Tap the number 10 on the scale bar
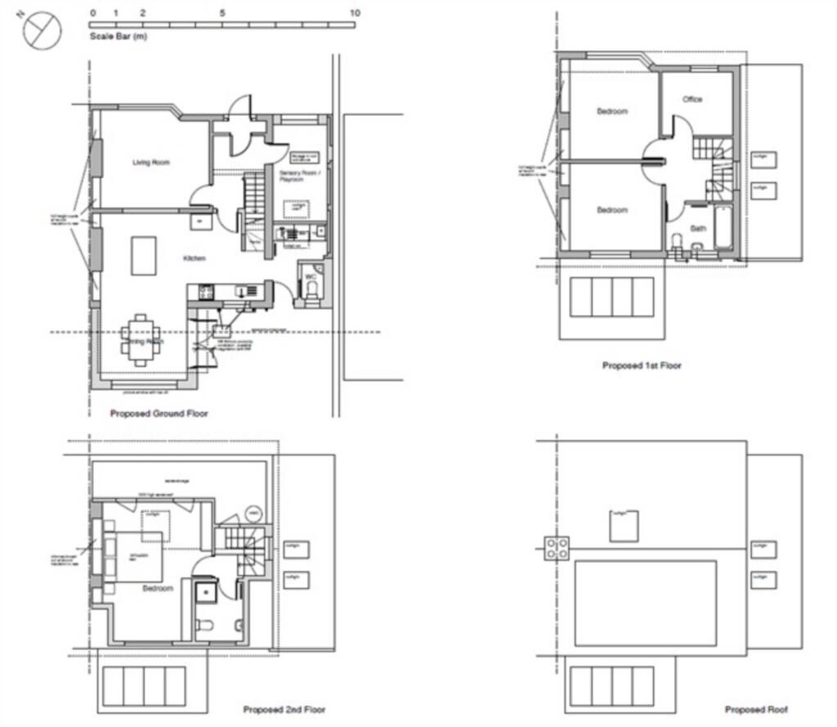click(354, 13)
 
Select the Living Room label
click(151, 163)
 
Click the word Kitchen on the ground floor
click(194, 258)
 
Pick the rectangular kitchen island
click(144, 256)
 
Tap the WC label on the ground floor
click(311, 277)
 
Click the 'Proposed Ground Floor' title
click(159, 414)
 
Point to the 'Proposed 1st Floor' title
click(642, 366)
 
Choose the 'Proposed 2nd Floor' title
click(284, 710)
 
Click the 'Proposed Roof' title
click(756, 710)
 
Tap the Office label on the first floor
click(692, 100)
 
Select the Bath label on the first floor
click(697, 228)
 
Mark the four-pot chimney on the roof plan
click(558, 548)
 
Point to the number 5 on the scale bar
click(222, 13)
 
